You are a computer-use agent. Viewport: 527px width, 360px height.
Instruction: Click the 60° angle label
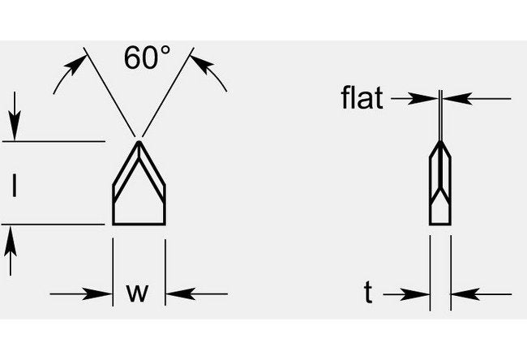[x=148, y=58]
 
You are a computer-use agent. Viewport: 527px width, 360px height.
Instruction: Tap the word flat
[x=362, y=100]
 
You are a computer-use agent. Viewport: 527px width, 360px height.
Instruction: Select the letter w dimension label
[x=139, y=293]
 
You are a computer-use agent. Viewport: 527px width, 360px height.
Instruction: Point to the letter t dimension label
[x=368, y=294]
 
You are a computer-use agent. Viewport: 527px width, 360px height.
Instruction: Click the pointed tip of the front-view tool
[x=139, y=141]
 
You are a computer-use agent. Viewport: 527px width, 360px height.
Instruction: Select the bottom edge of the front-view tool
[x=139, y=224]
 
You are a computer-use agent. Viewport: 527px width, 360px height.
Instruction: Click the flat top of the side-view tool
[x=439, y=141]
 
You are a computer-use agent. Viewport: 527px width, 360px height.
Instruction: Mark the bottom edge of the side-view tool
[x=439, y=223]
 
